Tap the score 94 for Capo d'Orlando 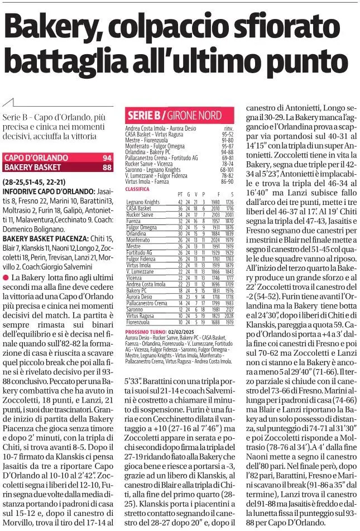click(107, 158)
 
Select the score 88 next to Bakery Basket click(107, 166)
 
